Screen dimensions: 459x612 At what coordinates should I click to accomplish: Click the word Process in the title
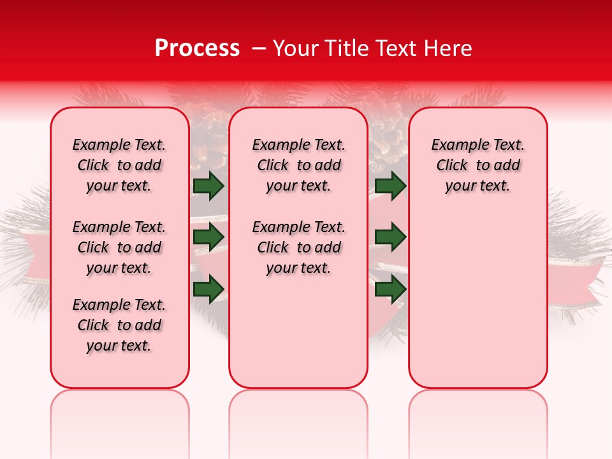[x=196, y=48]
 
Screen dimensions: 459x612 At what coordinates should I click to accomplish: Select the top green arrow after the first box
[x=208, y=186]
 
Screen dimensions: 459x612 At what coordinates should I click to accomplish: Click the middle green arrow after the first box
[x=208, y=237]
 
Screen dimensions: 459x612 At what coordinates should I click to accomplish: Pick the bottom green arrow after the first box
[x=208, y=288]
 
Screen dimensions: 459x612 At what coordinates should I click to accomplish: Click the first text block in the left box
[x=119, y=165]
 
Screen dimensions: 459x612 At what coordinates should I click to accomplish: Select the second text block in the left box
[x=119, y=247]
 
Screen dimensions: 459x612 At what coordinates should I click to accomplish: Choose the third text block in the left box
[x=119, y=325]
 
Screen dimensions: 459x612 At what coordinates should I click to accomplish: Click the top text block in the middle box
[x=298, y=165]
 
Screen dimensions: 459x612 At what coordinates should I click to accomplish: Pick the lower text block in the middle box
[x=298, y=247]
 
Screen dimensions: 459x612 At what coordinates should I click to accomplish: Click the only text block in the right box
[x=477, y=165]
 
